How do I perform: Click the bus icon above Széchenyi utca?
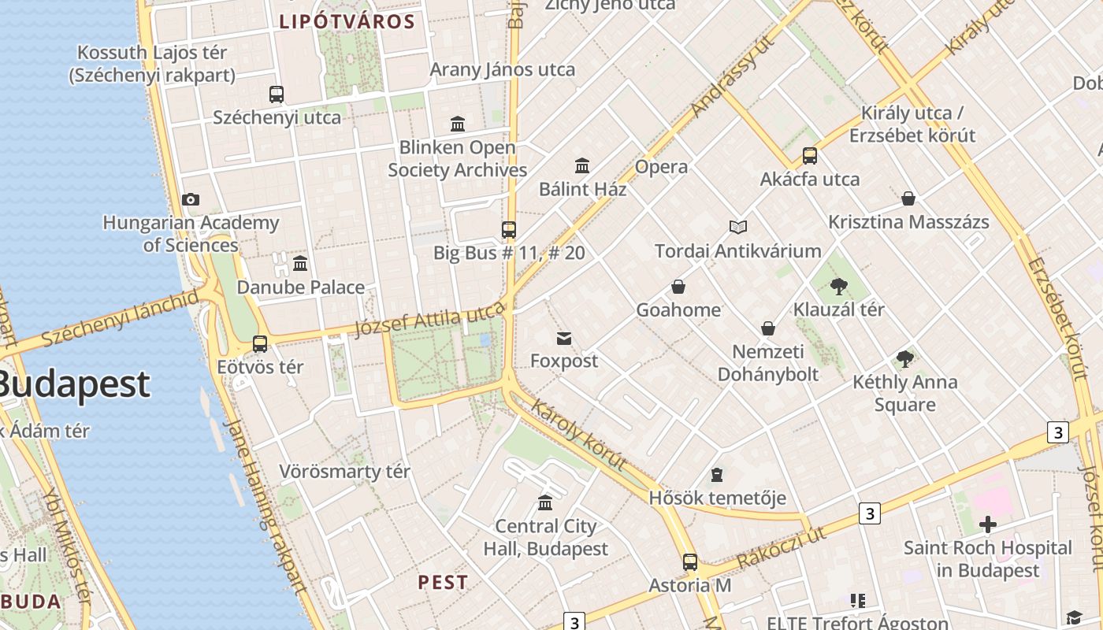(x=277, y=94)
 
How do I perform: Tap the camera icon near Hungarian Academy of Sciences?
(x=191, y=199)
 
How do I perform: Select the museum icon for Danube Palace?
(x=300, y=264)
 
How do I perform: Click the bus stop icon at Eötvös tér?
(x=260, y=344)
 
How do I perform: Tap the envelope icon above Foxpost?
(x=564, y=339)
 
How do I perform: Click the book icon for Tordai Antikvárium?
(x=738, y=228)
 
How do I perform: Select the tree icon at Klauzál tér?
(x=839, y=287)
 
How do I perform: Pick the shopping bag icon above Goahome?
(x=678, y=287)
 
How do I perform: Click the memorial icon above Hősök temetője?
(x=717, y=475)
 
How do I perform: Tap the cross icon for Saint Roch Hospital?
(x=988, y=524)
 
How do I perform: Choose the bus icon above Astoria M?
(x=690, y=562)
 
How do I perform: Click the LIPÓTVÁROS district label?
(x=347, y=22)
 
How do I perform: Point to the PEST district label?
(x=443, y=583)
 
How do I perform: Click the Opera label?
(x=661, y=167)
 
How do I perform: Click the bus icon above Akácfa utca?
(x=810, y=156)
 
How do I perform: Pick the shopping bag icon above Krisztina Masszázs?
(x=908, y=198)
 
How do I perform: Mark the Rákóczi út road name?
(x=782, y=548)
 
